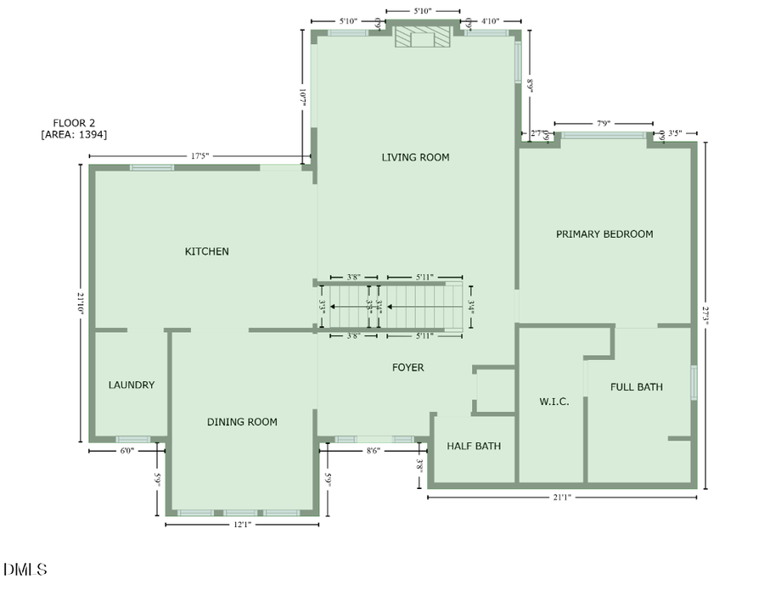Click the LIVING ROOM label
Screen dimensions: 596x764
click(x=415, y=157)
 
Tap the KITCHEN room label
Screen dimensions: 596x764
click(x=207, y=251)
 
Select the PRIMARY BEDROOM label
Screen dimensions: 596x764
click(x=604, y=233)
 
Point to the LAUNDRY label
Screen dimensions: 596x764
click(x=132, y=385)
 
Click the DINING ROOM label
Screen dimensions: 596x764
click(x=242, y=422)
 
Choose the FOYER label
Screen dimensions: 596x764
click(x=407, y=368)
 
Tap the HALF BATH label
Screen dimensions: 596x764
click(x=474, y=446)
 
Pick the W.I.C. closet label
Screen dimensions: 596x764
click(x=554, y=402)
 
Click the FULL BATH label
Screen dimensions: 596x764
click(x=637, y=387)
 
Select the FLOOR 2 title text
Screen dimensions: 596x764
click(x=74, y=122)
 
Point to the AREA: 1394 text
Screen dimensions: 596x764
click(x=74, y=134)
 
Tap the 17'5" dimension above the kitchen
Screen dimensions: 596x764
click(x=199, y=155)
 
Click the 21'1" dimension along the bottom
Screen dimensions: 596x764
click(x=561, y=498)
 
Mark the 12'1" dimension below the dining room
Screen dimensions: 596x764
click(x=242, y=525)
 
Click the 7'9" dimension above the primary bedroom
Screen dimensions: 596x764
click(x=604, y=124)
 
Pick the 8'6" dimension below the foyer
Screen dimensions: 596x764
click(x=374, y=451)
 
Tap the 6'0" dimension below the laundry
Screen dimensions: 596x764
click(x=126, y=451)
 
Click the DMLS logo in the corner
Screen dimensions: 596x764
click(x=25, y=570)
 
